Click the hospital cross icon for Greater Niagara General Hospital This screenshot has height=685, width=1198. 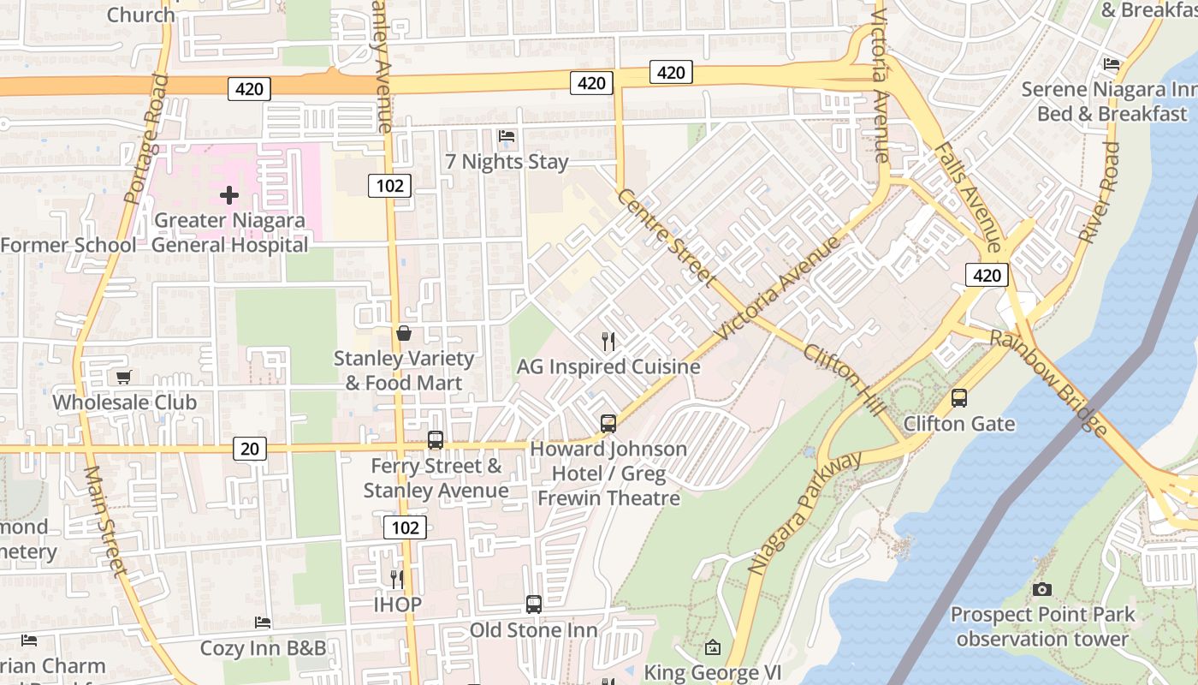pyautogui.click(x=229, y=195)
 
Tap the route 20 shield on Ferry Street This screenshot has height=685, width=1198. pyautogui.click(x=249, y=448)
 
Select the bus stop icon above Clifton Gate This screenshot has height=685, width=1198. pyautogui.click(x=959, y=398)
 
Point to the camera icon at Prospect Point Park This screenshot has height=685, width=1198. pyautogui.click(x=1041, y=589)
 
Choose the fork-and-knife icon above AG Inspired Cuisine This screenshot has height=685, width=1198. pyautogui.click(x=608, y=342)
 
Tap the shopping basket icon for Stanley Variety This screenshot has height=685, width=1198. pyautogui.click(x=404, y=333)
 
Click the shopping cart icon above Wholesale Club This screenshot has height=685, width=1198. pyautogui.click(x=124, y=378)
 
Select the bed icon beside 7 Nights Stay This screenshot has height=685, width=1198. pyautogui.click(x=507, y=136)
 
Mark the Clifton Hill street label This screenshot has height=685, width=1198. pyautogui.click(x=845, y=379)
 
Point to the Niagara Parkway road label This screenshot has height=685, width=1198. pyautogui.click(x=805, y=512)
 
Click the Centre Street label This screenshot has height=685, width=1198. pyautogui.click(x=665, y=237)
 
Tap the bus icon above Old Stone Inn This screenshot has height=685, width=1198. pyautogui.click(x=534, y=605)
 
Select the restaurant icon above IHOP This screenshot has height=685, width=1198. pyautogui.click(x=396, y=580)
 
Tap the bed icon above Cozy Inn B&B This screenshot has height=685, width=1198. pyautogui.click(x=263, y=622)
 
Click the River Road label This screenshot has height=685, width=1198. pyautogui.click(x=1100, y=193)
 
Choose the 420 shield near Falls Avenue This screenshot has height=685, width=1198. pyautogui.click(x=987, y=275)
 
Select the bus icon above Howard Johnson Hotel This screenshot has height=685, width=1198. pyautogui.click(x=608, y=423)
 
